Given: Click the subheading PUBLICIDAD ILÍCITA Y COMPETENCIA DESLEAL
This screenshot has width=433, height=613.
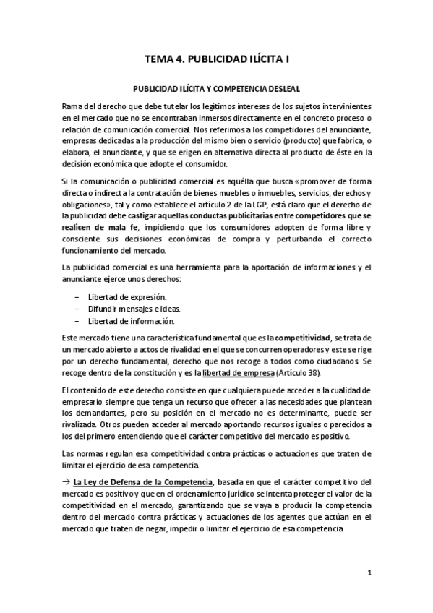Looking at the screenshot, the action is [217, 89].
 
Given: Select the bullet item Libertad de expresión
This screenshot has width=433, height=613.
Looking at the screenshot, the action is [127, 297].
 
